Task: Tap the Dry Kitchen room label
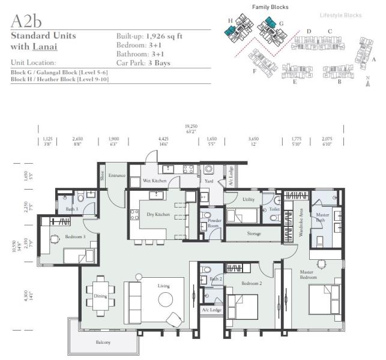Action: pyautogui.click(x=158, y=214)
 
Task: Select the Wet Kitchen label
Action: pyautogui.click(x=154, y=181)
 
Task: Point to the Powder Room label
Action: pyautogui.click(x=214, y=223)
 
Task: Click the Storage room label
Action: pyautogui.click(x=253, y=233)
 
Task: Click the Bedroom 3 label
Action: pyautogui.click(x=76, y=236)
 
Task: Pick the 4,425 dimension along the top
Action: pyautogui.click(x=163, y=139)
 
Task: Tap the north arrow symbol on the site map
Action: pyautogui.click(x=367, y=82)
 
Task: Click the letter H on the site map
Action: pyautogui.click(x=230, y=20)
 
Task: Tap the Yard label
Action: pyautogui.click(x=209, y=180)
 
